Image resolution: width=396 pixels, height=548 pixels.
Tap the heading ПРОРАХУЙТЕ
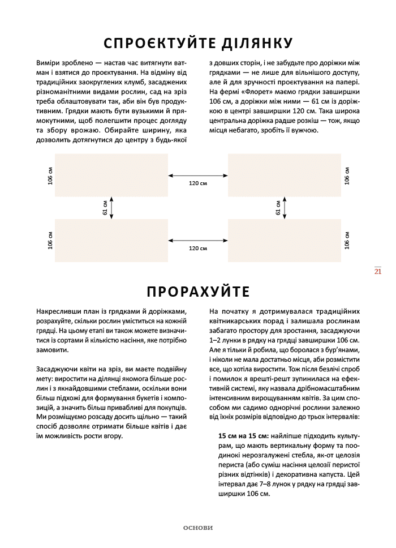[x=197, y=292]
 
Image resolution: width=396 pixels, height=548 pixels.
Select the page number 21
[x=378, y=271]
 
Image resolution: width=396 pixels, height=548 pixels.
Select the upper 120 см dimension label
[x=197, y=183]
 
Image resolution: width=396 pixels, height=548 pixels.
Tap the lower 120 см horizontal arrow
[x=197, y=240]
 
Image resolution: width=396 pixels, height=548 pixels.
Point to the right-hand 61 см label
[x=278, y=207]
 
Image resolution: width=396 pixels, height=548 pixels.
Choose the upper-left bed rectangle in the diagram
[x=111, y=175]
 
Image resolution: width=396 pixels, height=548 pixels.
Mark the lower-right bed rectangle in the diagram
[x=285, y=241]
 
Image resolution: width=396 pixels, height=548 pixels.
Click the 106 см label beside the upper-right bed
[x=347, y=175]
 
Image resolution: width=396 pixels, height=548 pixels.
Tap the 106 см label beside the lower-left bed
[x=50, y=241]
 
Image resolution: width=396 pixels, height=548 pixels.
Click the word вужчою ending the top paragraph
[x=305, y=130]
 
